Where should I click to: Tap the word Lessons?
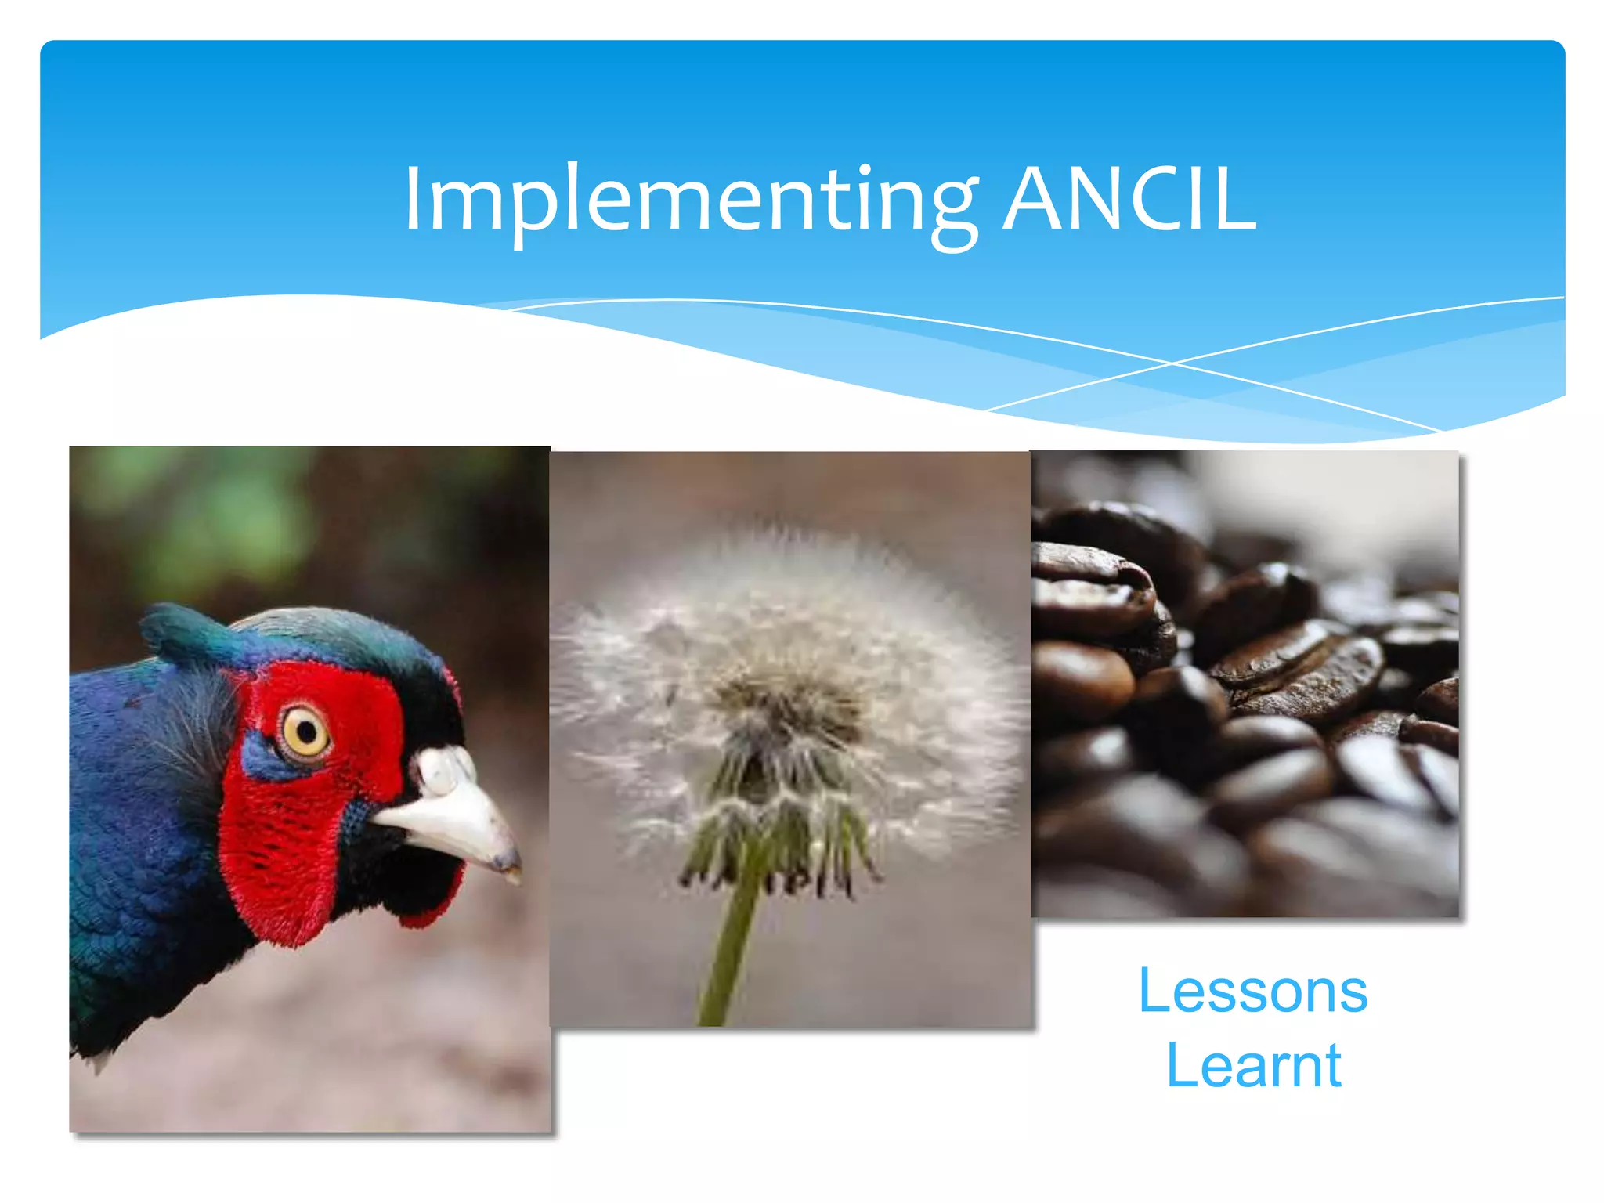1252,991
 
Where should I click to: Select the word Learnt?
1253,1065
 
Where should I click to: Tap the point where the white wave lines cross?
1172,363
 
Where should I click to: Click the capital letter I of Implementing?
413,200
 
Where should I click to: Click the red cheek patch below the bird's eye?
282,846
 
